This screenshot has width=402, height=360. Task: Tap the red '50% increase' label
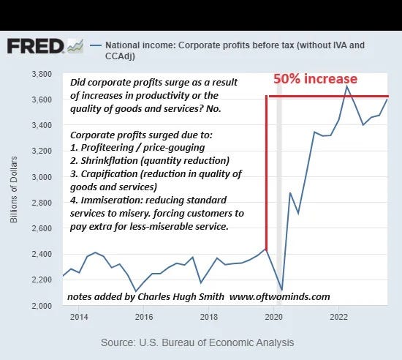point(315,79)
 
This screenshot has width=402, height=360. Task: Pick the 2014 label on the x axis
point(80,317)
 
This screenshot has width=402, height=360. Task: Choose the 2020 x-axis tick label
point(273,317)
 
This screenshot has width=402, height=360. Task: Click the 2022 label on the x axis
point(338,317)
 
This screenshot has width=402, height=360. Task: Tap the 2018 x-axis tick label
point(209,317)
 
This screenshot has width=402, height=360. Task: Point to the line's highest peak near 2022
point(347,86)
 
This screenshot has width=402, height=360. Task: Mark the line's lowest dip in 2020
point(282,290)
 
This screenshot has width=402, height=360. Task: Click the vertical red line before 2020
point(267,176)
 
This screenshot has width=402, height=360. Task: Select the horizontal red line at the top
point(329,96)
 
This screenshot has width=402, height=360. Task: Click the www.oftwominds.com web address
point(279,296)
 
